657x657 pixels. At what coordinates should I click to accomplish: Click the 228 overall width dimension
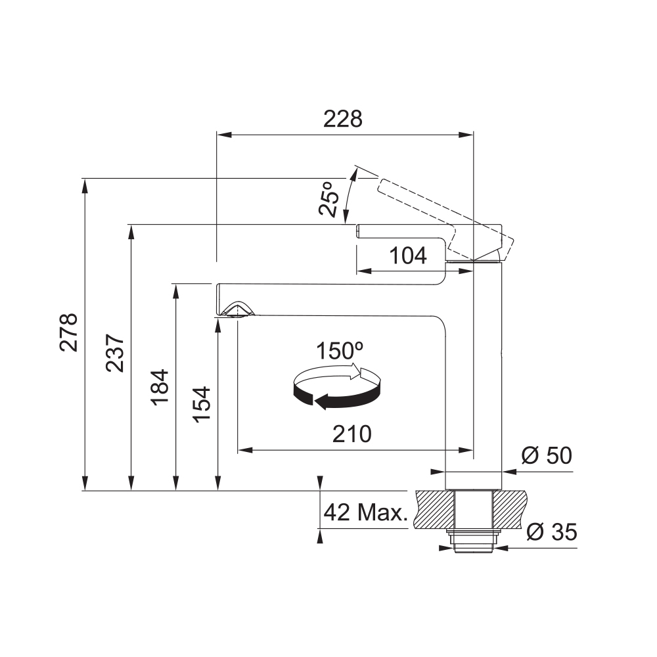[x=343, y=119]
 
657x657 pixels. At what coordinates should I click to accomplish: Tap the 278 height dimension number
[x=69, y=332]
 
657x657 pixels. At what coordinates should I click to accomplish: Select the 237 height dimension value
[x=115, y=353]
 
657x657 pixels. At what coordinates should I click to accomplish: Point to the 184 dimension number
[x=160, y=387]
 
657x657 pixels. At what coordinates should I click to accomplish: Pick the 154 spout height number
[x=201, y=404]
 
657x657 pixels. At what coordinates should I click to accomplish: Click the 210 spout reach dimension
[x=352, y=434]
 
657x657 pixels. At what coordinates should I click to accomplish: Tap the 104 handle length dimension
[x=408, y=256]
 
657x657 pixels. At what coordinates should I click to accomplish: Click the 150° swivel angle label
[x=340, y=351]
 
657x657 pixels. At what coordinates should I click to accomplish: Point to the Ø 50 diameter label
[x=547, y=455]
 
